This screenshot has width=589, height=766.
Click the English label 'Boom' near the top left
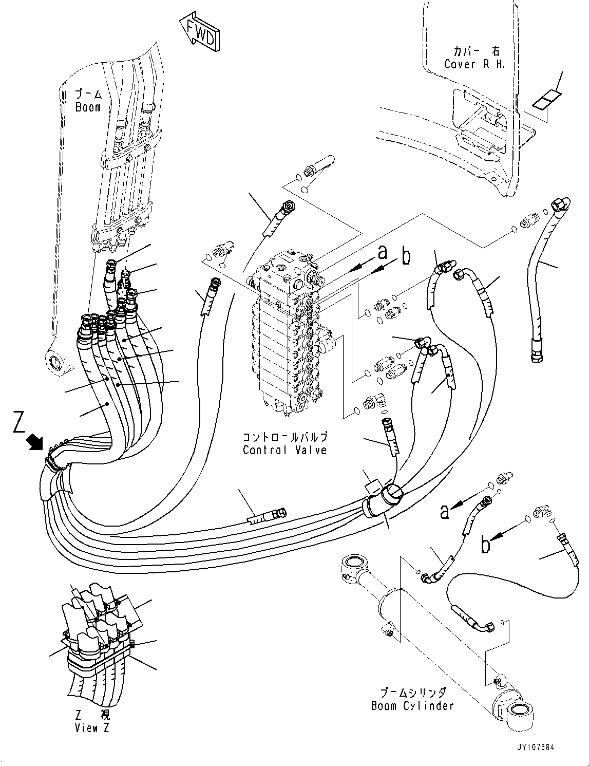coord(88,107)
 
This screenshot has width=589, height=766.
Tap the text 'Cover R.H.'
coord(474,64)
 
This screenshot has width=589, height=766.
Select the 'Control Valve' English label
coord(284,450)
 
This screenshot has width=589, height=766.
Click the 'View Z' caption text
coord(92,727)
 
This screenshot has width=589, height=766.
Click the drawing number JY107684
coord(536,748)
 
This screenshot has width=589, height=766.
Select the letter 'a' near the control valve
coord(382,252)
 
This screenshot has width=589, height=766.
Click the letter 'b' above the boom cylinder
coord(485,545)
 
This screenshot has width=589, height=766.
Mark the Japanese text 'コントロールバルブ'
coord(284,438)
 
